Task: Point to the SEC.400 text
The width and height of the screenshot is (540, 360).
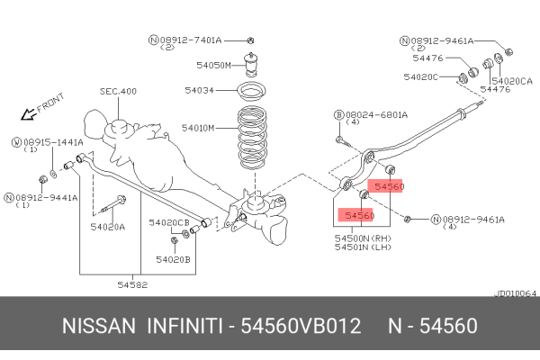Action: [118, 91]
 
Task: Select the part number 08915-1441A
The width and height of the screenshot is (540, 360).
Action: [52, 141]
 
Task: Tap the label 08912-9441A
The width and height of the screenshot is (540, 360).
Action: [46, 196]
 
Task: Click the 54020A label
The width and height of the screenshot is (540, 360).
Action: [108, 227]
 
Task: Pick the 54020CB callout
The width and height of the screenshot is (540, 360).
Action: [168, 221]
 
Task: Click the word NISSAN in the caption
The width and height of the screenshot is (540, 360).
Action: [99, 325]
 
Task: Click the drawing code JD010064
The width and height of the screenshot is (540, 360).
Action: [517, 293]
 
